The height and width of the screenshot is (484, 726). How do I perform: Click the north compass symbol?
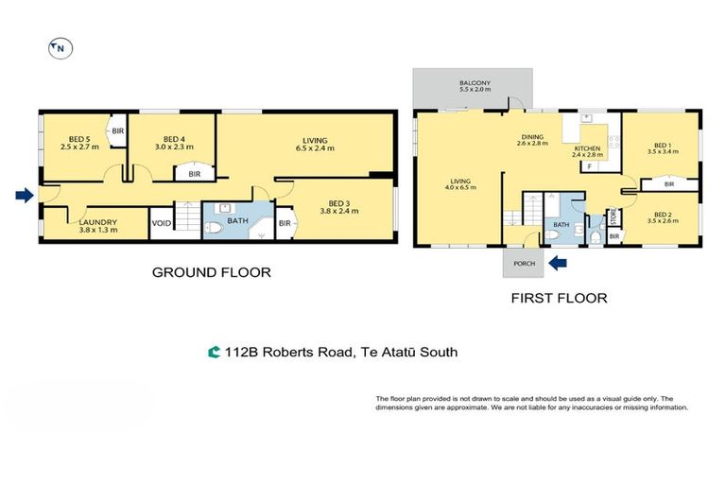[x=60, y=46]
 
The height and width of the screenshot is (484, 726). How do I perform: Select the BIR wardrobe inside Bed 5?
[x=118, y=131]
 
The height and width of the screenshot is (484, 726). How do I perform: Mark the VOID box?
[x=163, y=224]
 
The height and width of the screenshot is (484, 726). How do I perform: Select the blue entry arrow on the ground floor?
[x=24, y=196]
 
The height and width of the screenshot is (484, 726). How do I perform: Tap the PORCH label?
[x=522, y=264]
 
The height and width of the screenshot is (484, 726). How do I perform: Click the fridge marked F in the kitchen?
[x=589, y=166]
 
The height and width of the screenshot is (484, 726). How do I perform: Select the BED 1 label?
[x=661, y=147]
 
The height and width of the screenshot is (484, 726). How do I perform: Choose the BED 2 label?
[x=661, y=218]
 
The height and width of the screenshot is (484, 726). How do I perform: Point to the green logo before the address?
[x=214, y=353]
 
